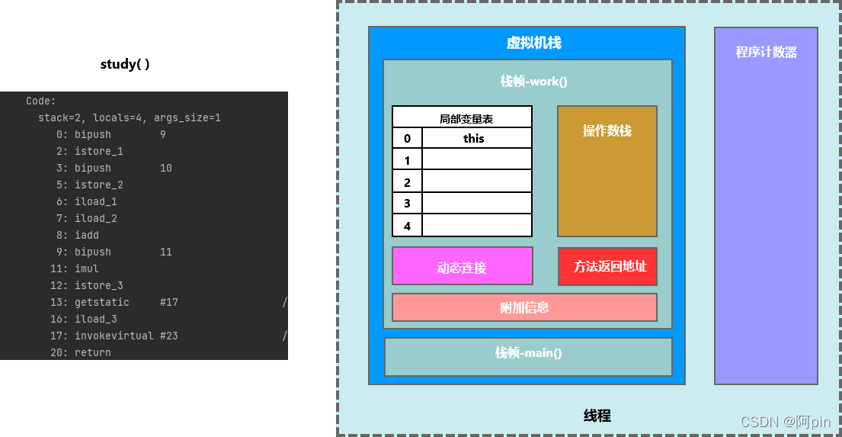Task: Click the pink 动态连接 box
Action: (x=462, y=267)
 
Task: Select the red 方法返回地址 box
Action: (x=607, y=266)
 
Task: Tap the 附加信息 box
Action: (x=524, y=307)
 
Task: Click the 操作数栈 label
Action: (x=607, y=130)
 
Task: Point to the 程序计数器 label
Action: (x=766, y=52)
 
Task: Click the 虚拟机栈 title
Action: (x=533, y=43)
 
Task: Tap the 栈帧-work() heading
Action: (x=533, y=81)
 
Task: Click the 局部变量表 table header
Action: (x=466, y=118)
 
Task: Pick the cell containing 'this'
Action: (x=474, y=138)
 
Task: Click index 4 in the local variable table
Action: (x=408, y=226)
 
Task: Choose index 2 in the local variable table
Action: (x=408, y=182)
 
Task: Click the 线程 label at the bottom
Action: (x=597, y=416)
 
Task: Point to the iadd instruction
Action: (x=87, y=235)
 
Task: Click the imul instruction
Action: (x=87, y=268)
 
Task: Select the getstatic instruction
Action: (x=102, y=302)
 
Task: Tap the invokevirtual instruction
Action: (x=114, y=336)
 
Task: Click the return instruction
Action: (x=93, y=352)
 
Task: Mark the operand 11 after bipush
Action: (x=166, y=252)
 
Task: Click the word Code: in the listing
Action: (x=41, y=101)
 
